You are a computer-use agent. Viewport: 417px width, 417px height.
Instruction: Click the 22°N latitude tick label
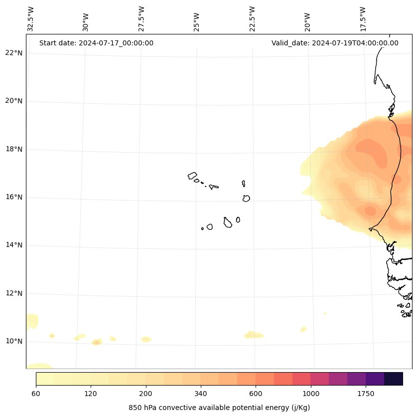click(x=14, y=53)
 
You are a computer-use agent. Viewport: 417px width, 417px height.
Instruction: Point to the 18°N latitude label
click(x=14, y=149)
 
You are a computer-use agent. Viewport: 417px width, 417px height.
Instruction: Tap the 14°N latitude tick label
click(x=14, y=245)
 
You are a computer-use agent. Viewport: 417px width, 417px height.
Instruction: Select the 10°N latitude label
click(x=14, y=341)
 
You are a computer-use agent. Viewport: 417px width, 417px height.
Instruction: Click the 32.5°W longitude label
click(x=31, y=19)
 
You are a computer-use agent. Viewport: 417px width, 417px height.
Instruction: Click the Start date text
click(x=96, y=43)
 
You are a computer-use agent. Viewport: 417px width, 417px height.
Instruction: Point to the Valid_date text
click(x=335, y=43)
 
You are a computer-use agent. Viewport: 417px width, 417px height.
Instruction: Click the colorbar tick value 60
click(x=36, y=394)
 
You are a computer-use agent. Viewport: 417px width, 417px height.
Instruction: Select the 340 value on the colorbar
click(x=201, y=394)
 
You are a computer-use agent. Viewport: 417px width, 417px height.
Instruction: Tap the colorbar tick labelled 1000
click(x=311, y=394)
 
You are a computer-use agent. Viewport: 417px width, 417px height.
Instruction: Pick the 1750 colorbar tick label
click(x=366, y=394)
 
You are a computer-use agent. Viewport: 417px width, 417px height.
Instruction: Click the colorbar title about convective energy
click(x=219, y=408)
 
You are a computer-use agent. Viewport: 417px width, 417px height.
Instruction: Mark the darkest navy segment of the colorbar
click(x=394, y=379)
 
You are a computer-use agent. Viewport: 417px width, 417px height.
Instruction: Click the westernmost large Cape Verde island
click(x=192, y=176)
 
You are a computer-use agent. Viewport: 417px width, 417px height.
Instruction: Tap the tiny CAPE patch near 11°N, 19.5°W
click(x=325, y=313)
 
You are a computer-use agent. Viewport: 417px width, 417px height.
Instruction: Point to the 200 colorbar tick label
click(x=146, y=394)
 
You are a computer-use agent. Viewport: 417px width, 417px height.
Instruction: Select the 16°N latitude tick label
click(x=14, y=197)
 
